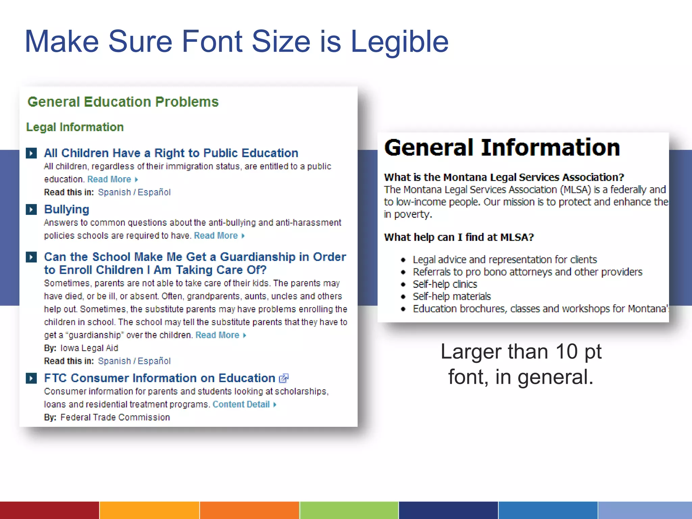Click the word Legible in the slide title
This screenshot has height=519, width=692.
click(x=399, y=42)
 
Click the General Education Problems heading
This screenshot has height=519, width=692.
click(x=123, y=102)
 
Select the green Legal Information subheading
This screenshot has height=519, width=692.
click(x=75, y=127)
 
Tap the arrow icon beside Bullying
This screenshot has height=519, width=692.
click(x=31, y=209)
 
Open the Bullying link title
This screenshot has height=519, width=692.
click(x=67, y=209)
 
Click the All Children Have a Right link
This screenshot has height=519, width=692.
click(x=171, y=153)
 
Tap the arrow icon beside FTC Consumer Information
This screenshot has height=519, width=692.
click(x=31, y=378)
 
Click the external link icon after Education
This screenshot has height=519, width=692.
click(x=283, y=378)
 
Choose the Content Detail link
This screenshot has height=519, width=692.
click(x=241, y=404)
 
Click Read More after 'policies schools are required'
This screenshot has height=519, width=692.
click(x=216, y=236)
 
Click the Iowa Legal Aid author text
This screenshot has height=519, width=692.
click(x=89, y=348)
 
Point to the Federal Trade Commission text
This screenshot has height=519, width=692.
click(x=115, y=417)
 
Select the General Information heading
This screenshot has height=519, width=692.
click(x=502, y=148)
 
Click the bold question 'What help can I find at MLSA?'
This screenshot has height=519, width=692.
click(x=459, y=237)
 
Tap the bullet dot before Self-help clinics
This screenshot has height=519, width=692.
click(x=403, y=285)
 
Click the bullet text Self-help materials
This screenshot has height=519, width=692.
click(x=452, y=296)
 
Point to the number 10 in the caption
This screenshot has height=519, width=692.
click(x=566, y=352)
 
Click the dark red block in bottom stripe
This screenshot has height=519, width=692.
click(x=49, y=510)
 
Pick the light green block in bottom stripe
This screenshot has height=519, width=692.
click(x=349, y=510)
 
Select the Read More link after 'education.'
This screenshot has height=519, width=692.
click(x=109, y=179)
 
